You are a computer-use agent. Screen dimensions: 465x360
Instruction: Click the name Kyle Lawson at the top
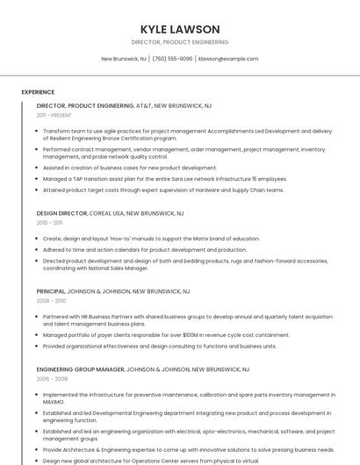180,29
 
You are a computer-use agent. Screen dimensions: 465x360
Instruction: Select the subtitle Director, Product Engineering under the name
180,42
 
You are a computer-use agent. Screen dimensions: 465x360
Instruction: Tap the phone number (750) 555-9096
172,59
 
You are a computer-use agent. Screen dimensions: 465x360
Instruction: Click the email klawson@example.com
228,59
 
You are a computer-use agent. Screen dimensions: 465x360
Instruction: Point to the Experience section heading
38,91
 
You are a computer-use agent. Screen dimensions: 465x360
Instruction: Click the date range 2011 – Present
54,115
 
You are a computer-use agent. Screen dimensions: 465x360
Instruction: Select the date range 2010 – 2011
49,223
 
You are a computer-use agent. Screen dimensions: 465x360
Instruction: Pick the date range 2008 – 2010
51,301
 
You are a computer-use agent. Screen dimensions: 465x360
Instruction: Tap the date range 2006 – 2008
51,379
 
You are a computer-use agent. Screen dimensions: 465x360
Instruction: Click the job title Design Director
62,213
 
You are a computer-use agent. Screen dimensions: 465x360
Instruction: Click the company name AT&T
143,105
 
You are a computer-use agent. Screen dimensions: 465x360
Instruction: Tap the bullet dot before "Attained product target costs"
38,190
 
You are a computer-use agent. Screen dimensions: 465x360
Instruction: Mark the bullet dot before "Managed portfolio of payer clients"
38,334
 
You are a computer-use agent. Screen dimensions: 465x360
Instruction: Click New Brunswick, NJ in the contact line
124,59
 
